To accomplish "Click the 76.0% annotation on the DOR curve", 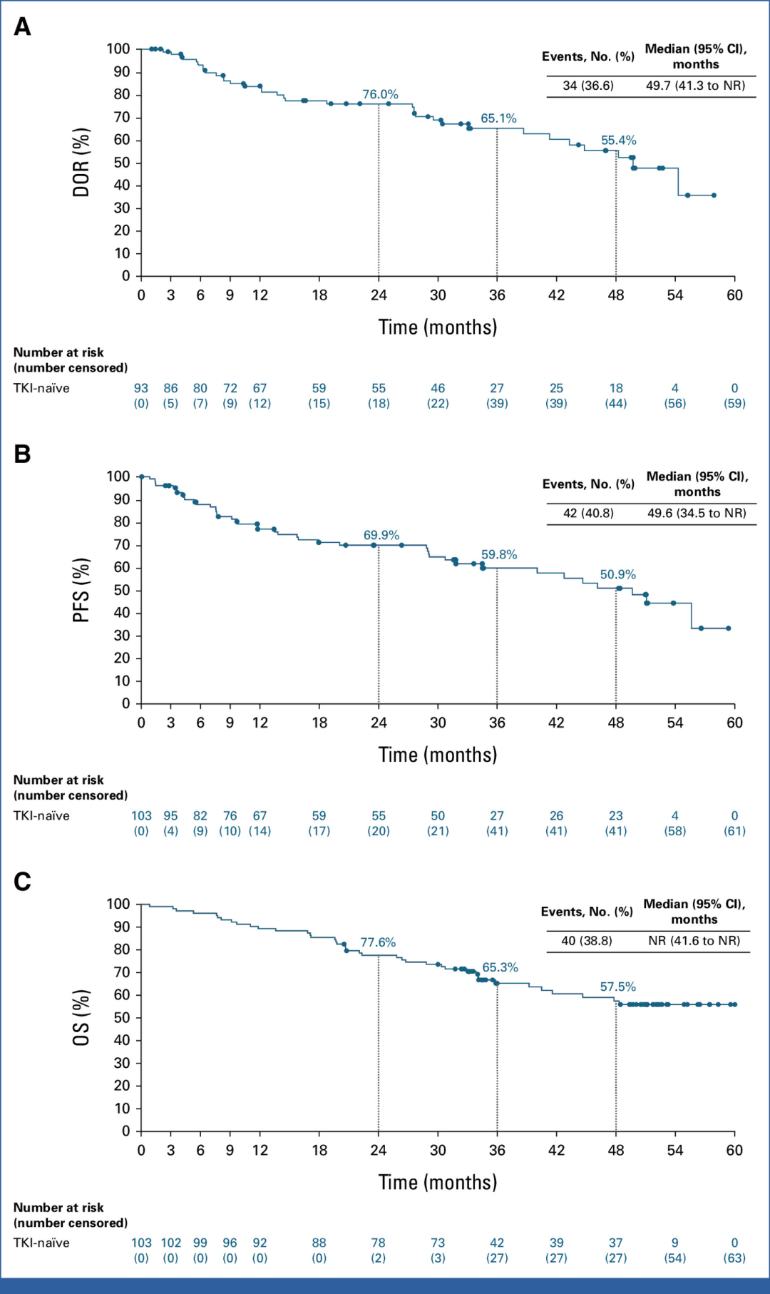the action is coord(380,94).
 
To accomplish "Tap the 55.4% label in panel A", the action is coord(618,141).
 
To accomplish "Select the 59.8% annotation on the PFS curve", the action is coord(499,554).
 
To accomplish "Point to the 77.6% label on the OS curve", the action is coord(378,942).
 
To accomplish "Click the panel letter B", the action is coord(22,454).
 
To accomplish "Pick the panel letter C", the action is coord(22,882).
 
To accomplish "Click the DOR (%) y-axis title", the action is coord(81,163).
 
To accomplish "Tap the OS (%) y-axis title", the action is coord(81,1018).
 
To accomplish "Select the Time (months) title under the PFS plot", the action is coord(438,755).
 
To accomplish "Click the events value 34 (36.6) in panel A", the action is coord(588,86).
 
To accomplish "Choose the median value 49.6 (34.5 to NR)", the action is coord(697,513).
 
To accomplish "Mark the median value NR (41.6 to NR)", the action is coord(694,941).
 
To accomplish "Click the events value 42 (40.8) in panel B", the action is coord(588,513).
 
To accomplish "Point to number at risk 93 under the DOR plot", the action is coord(141,388).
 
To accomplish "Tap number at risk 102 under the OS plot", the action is coord(170,1243).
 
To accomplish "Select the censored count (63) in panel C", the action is coord(734,1258).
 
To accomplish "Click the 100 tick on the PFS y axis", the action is coord(118,476).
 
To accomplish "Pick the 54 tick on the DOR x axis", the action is coord(675,295).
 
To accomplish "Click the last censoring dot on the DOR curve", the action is coord(714,195).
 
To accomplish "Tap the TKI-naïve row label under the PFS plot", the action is coord(41,815).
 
